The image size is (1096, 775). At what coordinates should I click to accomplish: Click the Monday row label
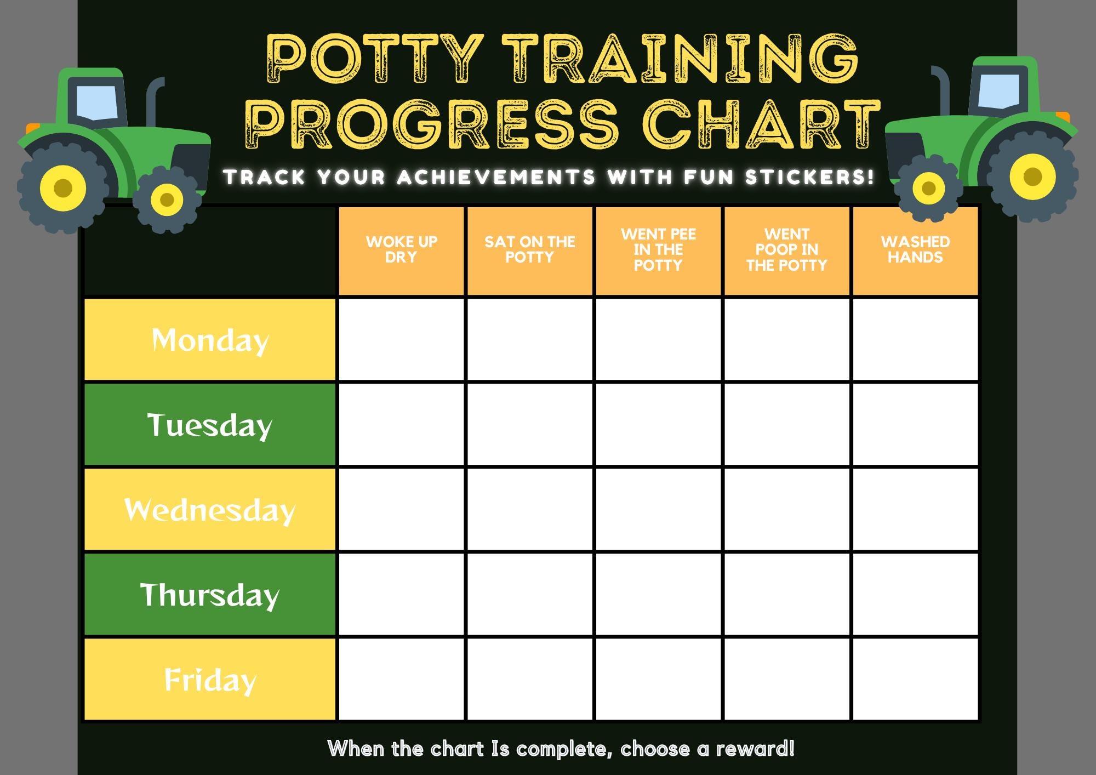coord(210,340)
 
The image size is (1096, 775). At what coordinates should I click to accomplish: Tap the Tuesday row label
coord(210,425)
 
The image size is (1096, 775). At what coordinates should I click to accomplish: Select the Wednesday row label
coord(210,510)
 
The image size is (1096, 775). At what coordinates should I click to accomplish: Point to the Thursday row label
coord(210,595)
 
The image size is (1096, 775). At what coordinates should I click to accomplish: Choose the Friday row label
coord(210,680)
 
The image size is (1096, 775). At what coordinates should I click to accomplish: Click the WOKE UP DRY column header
coord(402,250)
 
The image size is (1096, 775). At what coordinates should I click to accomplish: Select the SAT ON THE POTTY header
coord(530,250)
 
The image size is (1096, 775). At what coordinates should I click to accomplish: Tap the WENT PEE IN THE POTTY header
coord(658,250)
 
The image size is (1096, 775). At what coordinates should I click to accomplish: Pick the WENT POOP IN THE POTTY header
coord(787,250)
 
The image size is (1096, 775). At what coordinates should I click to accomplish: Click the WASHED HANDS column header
coord(915,250)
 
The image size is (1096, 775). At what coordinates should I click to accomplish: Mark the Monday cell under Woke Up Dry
coord(402,340)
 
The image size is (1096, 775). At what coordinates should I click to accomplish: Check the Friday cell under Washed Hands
coord(915,680)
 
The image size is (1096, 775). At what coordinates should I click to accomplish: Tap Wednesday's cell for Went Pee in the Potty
coord(658,510)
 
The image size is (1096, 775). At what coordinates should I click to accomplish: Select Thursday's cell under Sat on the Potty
coord(530,595)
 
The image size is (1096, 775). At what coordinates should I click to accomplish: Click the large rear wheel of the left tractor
coord(63,187)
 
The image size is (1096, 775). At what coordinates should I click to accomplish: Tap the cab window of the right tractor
coord(998,91)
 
